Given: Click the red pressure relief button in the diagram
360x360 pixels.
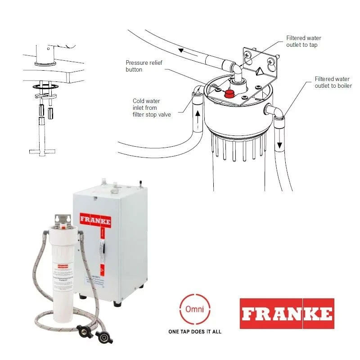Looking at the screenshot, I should (230, 94).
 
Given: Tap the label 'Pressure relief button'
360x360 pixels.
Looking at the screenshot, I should (140, 66).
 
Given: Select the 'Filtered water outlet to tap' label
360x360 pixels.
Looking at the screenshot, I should (304, 41).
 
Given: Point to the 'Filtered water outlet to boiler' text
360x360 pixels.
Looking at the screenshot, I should (333, 82).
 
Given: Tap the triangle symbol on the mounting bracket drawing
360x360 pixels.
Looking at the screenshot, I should (260, 71).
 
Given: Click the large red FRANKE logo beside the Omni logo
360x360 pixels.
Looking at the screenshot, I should (287, 313).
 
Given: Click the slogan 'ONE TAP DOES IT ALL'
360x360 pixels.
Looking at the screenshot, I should (194, 332).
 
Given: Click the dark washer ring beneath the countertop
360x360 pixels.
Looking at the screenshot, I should (43, 85).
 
